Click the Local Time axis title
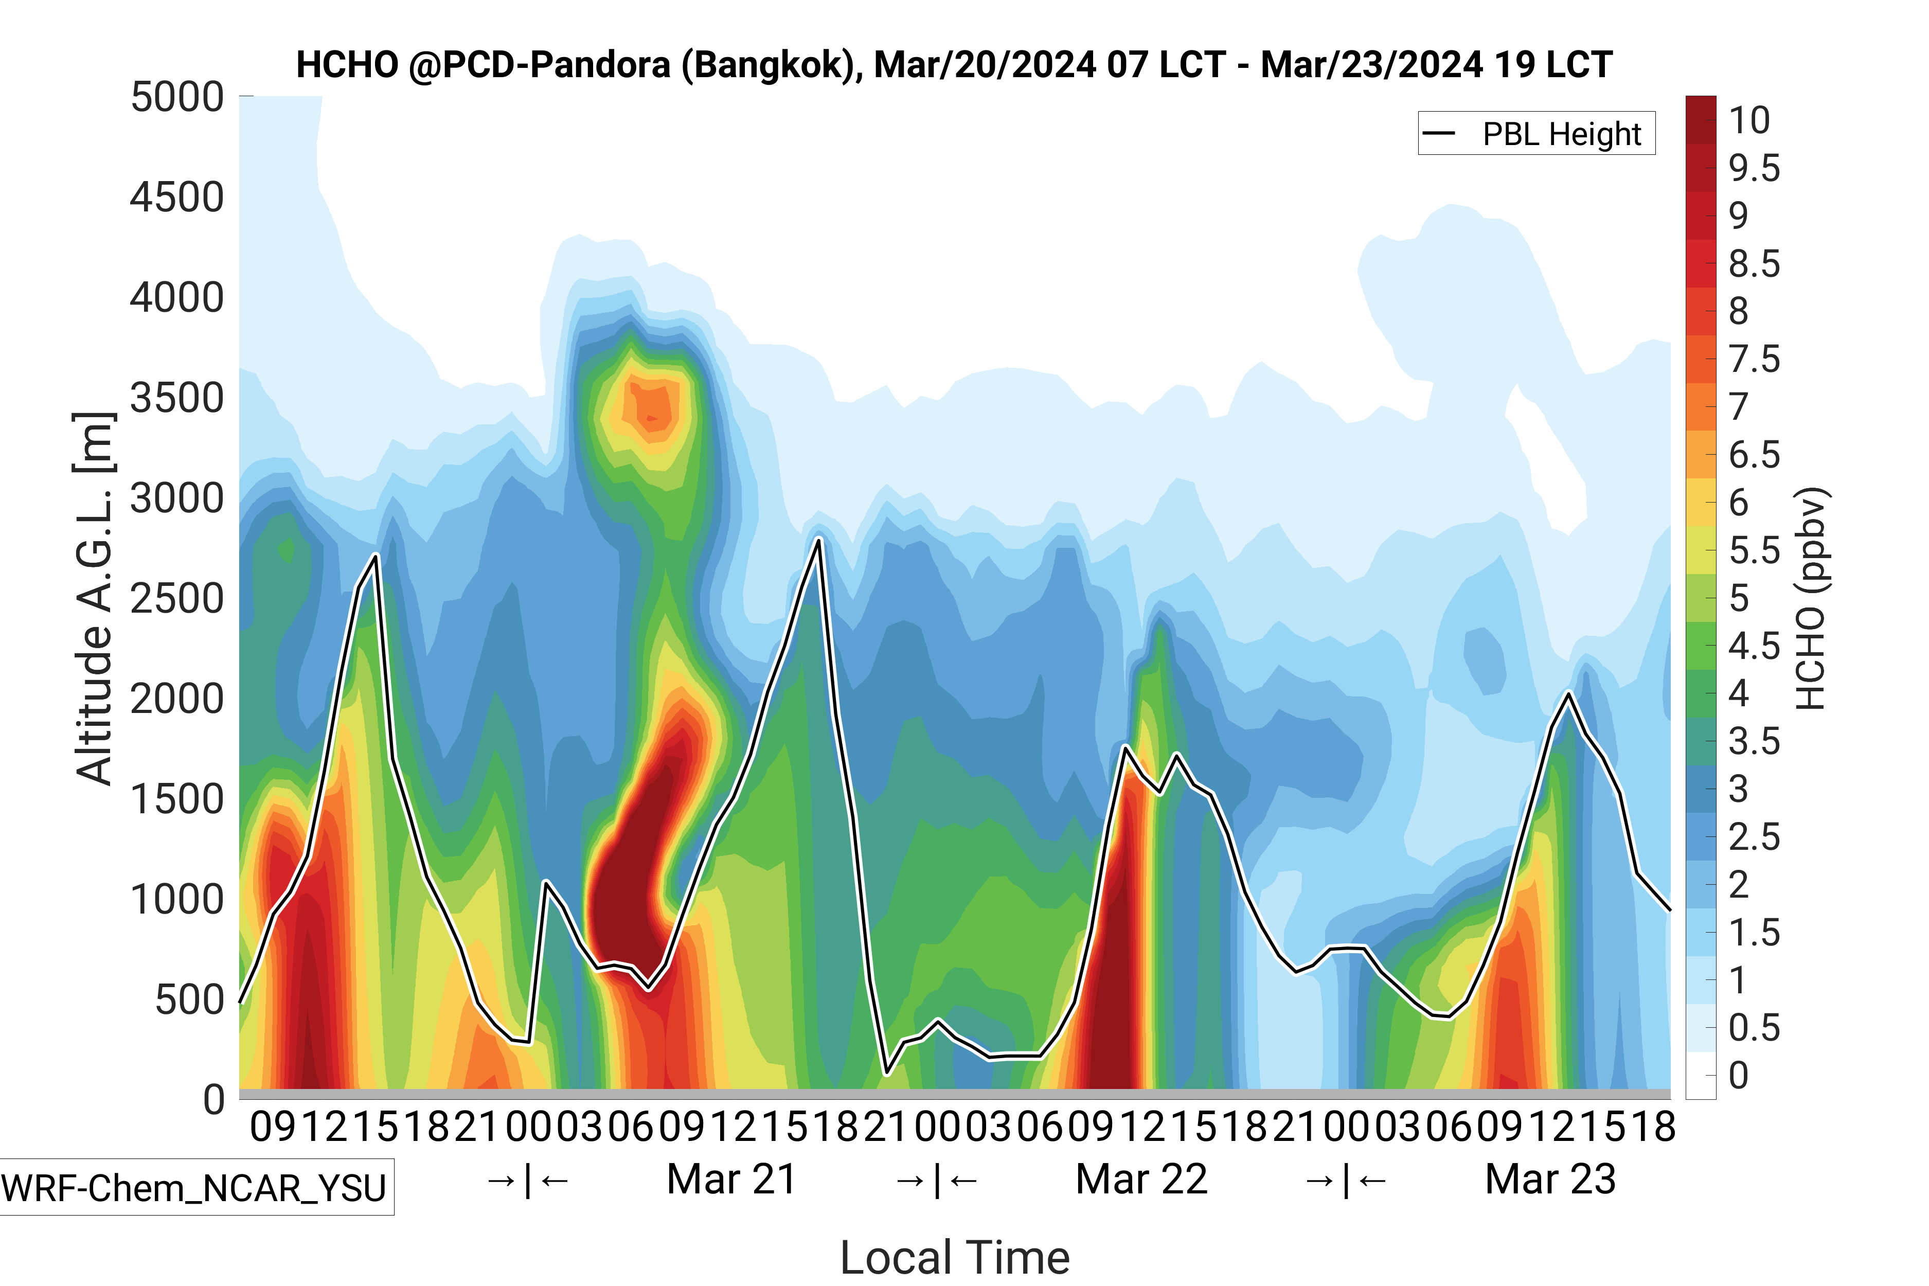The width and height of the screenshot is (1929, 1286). pos(955,1257)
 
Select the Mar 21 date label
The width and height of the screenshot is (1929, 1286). pos(731,1180)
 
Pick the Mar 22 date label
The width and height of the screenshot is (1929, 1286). pos(1141,1180)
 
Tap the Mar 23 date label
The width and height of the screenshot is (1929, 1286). pos(1550,1180)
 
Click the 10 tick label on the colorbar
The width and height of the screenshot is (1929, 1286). pos(1749,120)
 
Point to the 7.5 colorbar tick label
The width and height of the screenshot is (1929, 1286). pos(1754,359)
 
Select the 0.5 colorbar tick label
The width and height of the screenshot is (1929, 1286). pos(1754,1028)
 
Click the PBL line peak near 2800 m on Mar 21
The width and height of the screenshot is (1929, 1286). pos(818,539)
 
